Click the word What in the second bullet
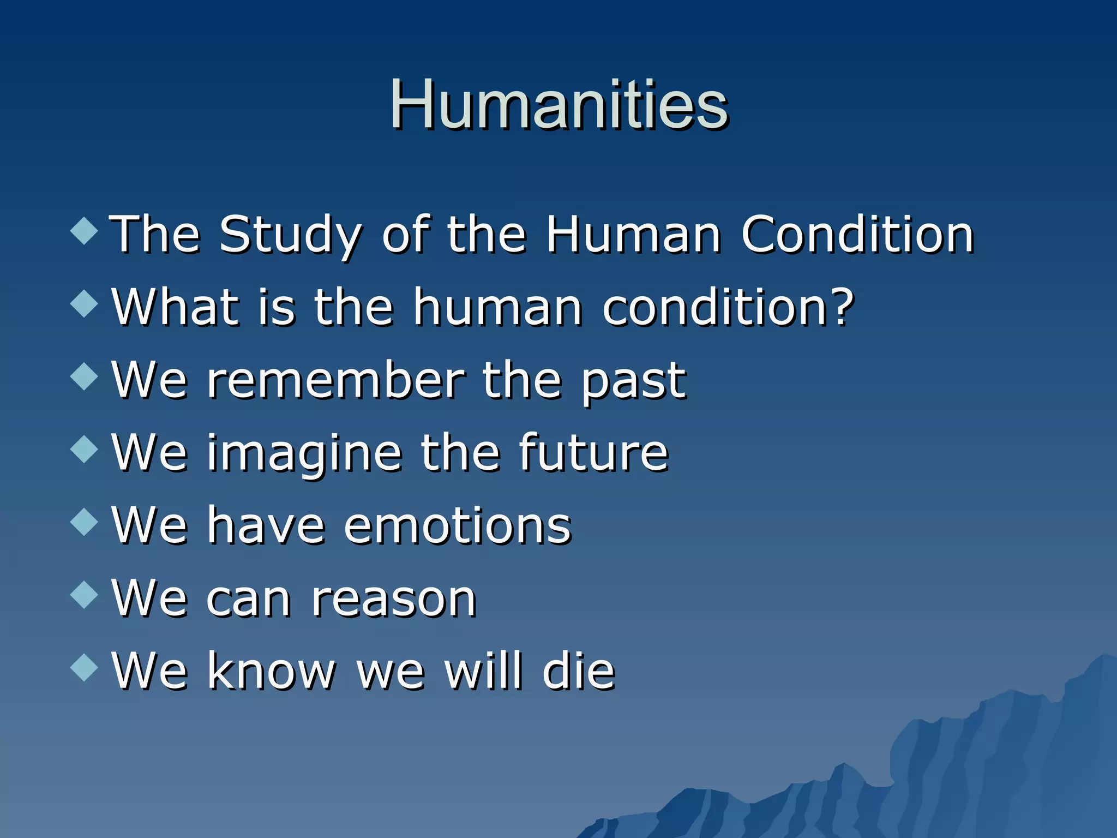click(x=176, y=307)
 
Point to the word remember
click(x=335, y=380)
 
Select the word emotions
click(x=457, y=526)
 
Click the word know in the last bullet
click(x=271, y=671)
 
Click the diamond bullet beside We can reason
click(x=85, y=594)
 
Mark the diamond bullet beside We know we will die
click(x=85, y=667)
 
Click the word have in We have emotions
click(x=266, y=526)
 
